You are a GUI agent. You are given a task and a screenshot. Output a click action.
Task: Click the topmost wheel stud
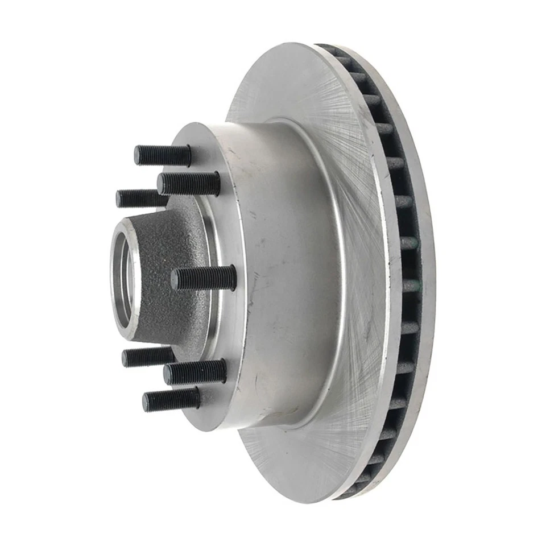(x=163, y=155)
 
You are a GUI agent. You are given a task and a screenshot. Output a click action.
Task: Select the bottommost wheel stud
(x=171, y=399)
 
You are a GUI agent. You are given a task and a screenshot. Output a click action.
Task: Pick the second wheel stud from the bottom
(x=195, y=371)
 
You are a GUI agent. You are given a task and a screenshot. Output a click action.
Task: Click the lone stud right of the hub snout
(x=204, y=278)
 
